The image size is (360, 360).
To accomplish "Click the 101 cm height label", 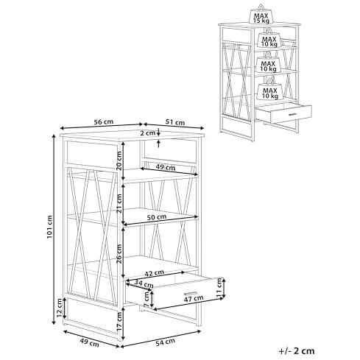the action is point(49,227).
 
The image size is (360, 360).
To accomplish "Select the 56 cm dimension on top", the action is point(104,121).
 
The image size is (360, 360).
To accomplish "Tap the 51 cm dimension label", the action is point(175,122).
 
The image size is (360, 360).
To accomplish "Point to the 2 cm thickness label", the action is point(148,133).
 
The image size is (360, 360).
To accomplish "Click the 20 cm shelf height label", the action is point(119,160).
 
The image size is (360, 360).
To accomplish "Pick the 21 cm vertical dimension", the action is point(119,203).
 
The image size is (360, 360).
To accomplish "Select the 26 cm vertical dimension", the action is point(119,254).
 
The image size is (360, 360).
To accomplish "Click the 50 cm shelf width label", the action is point(156,217).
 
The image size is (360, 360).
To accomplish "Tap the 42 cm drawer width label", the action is point(154,272).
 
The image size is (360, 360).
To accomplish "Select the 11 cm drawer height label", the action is point(219,287).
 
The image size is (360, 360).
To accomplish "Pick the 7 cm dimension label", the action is point(147,299).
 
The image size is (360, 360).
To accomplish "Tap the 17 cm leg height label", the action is point(119,321).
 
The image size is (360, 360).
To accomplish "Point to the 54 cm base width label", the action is point(166,342).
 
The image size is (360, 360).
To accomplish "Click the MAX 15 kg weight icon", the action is point(261,15).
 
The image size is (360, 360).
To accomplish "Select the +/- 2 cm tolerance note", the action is point(297,350).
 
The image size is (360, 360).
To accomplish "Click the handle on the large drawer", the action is point(191,293).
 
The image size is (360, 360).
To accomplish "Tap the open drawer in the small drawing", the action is point(284,113).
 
